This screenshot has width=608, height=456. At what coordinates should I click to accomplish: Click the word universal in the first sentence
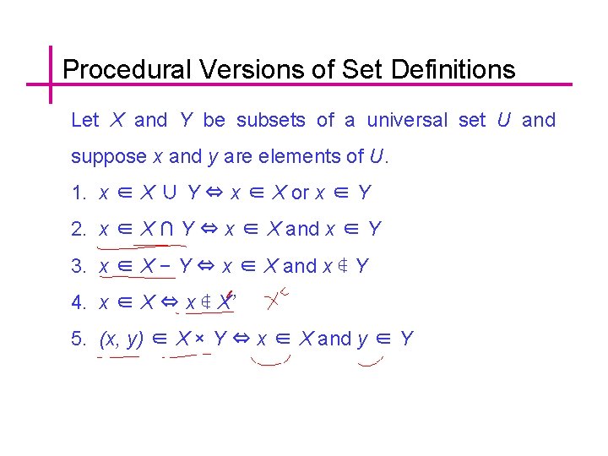pos(407,120)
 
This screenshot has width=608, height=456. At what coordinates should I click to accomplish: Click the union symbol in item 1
pos(170,193)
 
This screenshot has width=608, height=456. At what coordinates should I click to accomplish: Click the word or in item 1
pos(300,193)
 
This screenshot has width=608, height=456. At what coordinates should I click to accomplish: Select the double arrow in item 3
pos(206,267)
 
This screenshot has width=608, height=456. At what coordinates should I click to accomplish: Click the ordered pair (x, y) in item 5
pos(122,339)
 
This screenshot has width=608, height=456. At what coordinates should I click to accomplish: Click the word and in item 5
pos(334,339)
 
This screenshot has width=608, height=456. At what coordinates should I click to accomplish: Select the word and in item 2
pos(302,230)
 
